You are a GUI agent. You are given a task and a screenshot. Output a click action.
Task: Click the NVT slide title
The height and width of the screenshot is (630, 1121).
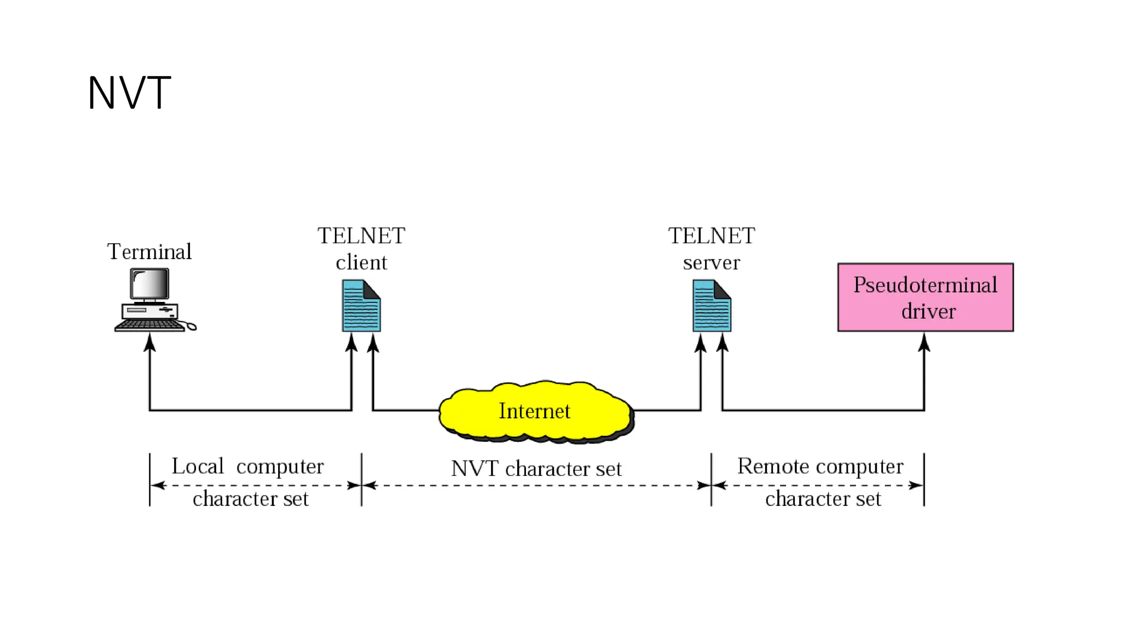129,93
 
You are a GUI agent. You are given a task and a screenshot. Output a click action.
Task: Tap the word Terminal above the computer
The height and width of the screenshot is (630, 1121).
149,252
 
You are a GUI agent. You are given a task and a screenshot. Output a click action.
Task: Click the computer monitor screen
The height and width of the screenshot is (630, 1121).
149,284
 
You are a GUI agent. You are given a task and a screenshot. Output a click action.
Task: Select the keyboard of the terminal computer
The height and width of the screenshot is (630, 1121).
149,325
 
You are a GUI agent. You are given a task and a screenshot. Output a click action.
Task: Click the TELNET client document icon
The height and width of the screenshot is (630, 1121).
361,306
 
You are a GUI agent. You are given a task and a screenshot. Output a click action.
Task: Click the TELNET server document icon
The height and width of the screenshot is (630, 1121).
711,306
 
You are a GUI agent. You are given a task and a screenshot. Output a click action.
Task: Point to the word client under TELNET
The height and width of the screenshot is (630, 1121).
361,262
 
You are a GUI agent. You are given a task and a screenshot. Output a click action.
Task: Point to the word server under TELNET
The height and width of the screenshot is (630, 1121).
711,262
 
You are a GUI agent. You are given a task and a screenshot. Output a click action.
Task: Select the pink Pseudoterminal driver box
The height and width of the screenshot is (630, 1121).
925,297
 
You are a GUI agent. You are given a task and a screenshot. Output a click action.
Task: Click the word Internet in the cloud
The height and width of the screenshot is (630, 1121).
534,411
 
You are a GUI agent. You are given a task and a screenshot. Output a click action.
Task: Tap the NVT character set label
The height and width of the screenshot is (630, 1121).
536,469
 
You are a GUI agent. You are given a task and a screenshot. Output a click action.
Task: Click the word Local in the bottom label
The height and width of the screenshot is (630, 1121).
198,466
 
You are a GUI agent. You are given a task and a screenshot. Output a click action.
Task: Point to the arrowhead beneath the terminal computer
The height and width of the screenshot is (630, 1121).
149,343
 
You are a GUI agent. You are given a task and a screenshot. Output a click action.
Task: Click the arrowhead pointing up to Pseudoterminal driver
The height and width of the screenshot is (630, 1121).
924,343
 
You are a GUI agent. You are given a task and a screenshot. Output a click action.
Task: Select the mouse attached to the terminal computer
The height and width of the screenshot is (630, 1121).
191,327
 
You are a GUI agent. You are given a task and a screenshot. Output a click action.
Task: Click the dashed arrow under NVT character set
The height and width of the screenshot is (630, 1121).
536,485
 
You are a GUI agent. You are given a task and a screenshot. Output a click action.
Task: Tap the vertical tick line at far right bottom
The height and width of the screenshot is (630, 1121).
924,480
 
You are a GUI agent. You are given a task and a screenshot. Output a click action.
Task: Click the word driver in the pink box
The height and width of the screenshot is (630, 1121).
928,311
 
